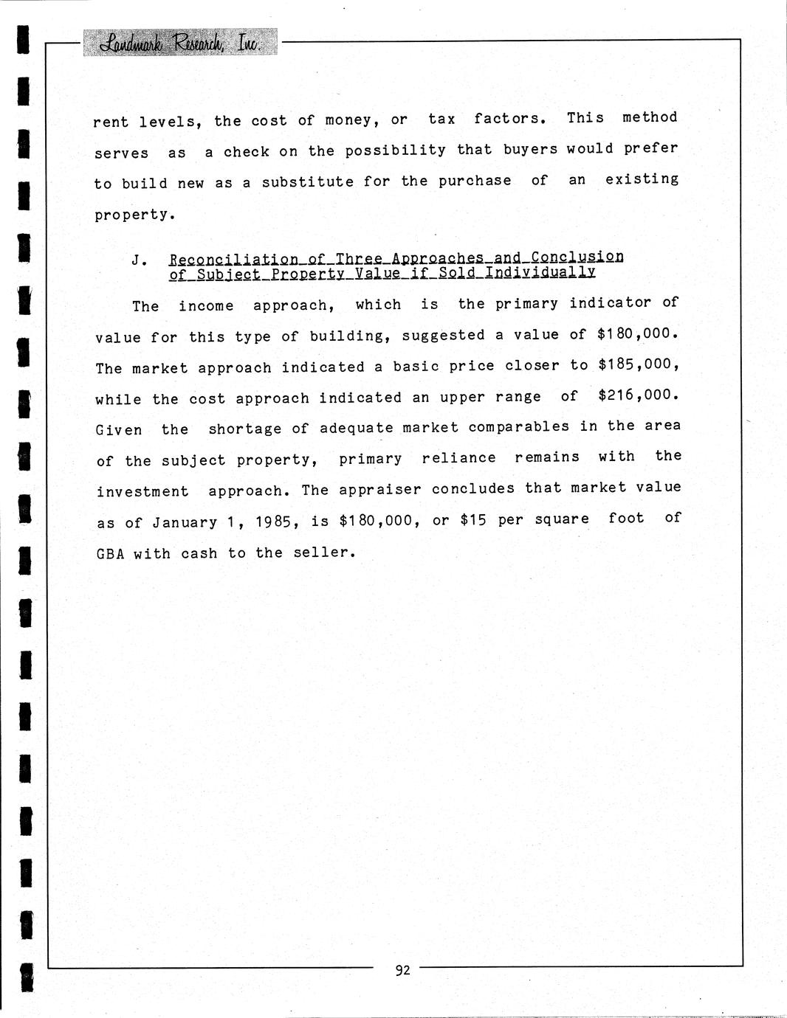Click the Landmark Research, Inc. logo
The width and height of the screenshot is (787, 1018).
(182, 43)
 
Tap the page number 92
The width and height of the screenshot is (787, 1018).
(402, 970)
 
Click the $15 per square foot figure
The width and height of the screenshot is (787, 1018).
(473, 520)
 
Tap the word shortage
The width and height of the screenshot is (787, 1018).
(244, 429)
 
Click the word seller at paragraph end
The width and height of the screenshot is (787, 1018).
(324, 552)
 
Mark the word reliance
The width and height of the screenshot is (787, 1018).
(458, 457)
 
